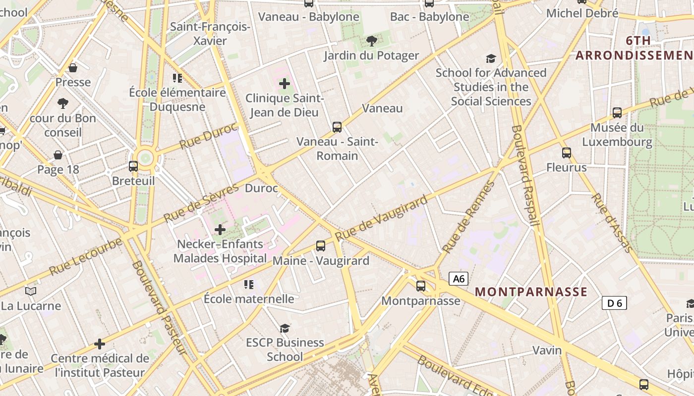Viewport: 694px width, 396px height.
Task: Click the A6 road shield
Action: tap(459, 279)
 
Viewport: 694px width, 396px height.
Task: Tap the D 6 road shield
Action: tap(614, 303)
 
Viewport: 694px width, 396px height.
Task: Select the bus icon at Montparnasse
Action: tap(421, 286)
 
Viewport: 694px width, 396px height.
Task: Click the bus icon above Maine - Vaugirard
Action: tap(321, 246)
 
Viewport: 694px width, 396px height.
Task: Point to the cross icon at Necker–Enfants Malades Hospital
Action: tap(220, 230)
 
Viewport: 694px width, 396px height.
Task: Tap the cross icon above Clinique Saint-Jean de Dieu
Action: tap(285, 84)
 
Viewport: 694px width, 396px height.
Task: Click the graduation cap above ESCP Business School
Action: tap(285, 328)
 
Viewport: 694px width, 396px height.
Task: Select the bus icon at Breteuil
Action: tap(133, 166)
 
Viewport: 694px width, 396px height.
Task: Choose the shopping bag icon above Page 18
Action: tap(58, 155)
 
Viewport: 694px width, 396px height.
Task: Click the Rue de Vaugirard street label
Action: tap(381, 218)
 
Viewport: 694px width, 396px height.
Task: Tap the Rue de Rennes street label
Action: tap(468, 217)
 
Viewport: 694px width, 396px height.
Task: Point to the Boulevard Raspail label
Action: tap(525, 176)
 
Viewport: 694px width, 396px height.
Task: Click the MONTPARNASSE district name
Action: tap(531, 292)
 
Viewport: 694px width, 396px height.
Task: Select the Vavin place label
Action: tap(547, 350)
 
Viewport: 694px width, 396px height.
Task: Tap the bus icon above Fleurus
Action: tap(567, 153)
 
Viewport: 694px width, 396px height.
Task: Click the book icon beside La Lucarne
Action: tap(31, 292)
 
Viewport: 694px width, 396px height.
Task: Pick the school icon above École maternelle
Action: tap(249, 285)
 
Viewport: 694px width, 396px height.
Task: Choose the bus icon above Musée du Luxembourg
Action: tap(617, 113)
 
